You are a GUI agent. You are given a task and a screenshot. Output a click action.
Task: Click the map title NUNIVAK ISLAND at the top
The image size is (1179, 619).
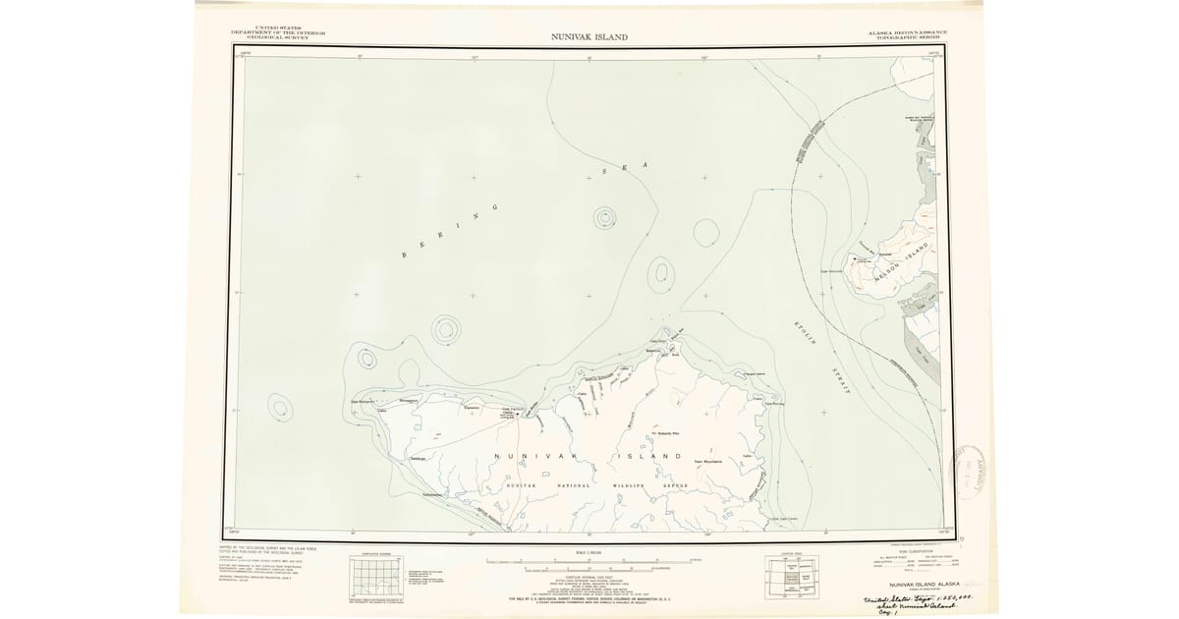589,37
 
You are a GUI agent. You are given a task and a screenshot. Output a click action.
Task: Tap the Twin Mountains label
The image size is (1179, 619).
708,461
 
